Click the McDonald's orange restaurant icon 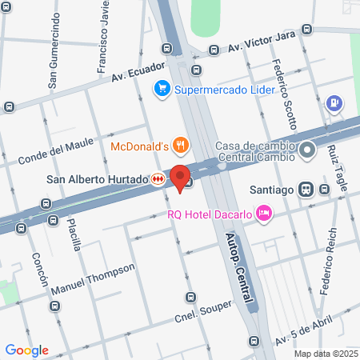coord(182,146)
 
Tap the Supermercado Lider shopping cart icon coord(162,88)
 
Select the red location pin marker coord(180,177)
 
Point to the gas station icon coord(334,104)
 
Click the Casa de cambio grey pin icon coord(306,150)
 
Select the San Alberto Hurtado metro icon coord(158,179)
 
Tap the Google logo coord(26,350)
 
